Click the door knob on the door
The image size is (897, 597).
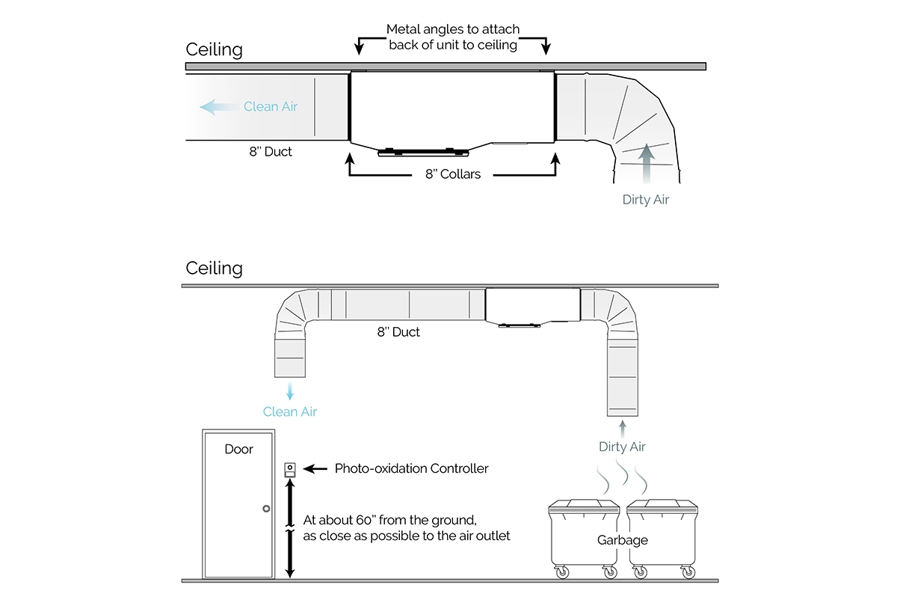pyautogui.click(x=266, y=509)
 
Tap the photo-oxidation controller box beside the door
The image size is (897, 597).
pyautogui.click(x=290, y=470)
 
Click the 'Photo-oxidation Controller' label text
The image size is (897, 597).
pyautogui.click(x=411, y=468)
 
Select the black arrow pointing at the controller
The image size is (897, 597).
pyautogui.click(x=315, y=468)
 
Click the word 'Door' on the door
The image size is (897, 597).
pyautogui.click(x=238, y=449)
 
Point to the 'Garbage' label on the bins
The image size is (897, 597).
pyautogui.click(x=622, y=539)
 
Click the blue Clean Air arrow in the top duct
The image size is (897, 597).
pyautogui.click(x=220, y=107)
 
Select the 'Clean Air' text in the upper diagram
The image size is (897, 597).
pyautogui.click(x=271, y=106)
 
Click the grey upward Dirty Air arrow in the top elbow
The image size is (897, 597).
pyautogui.click(x=646, y=164)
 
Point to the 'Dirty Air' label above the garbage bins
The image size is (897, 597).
pyautogui.click(x=622, y=447)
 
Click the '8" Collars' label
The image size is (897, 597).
pyautogui.click(x=453, y=174)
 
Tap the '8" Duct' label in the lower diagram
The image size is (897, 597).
pyautogui.click(x=398, y=331)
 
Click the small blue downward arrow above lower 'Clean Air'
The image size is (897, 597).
pyautogui.click(x=290, y=391)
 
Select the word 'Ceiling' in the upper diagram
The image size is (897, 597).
pyautogui.click(x=215, y=49)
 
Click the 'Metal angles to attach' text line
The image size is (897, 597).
pyautogui.click(x=453, y=29)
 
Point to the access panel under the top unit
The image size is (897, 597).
pyautogui.click(x=423, y=152)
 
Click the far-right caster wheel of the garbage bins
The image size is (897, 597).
pyautogui.click(x=688, y=572)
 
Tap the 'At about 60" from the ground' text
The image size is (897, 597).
pyautogui.click(x=389, y=520)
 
